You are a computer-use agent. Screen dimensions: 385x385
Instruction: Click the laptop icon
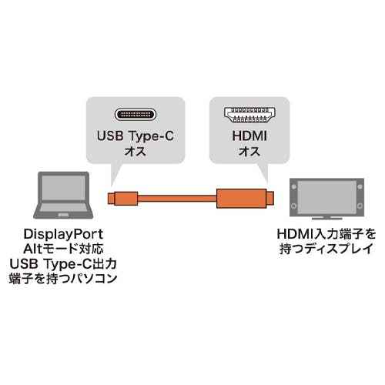[x=63, y=195]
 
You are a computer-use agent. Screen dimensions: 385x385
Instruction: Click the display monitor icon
[x=326, y=199]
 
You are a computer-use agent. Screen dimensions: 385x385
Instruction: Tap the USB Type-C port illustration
[x=136, y=115]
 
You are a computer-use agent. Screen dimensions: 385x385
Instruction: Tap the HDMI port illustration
[x=249, y=115]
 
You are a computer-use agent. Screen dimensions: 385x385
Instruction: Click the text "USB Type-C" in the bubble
[x=136, y=136]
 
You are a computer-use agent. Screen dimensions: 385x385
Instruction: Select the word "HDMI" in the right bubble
[x=249, y=136]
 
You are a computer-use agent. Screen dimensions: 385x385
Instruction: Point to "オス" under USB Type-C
[x=136, y=152]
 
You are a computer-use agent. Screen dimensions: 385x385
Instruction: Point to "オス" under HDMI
[x=249, y=152]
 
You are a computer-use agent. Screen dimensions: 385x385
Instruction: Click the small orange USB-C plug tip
[x=111, y=199]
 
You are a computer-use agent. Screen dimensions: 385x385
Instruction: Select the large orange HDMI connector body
[x=241, y=199]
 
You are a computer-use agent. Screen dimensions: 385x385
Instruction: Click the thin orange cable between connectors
[x=177, y=199]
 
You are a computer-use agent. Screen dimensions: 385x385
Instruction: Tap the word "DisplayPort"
[x=63, y=234]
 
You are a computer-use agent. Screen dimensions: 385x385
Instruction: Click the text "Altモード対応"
[x=63, y=249]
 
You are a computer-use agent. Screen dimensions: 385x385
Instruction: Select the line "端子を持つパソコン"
[x=63, y=279]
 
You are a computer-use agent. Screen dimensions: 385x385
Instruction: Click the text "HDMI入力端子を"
[x=326, y=234]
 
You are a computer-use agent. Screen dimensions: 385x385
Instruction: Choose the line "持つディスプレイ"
[x=326, y=249]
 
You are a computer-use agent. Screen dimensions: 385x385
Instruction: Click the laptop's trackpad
[x=63, y=215]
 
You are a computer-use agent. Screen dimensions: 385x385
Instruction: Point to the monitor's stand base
[x=326, y=219]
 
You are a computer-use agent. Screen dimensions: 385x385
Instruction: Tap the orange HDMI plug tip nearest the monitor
[x=270, y=199]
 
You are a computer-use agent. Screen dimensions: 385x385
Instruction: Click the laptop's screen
[x=63, y=188]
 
